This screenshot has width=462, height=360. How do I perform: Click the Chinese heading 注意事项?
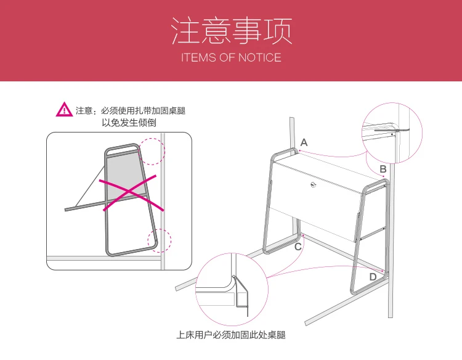(x=231, y=31)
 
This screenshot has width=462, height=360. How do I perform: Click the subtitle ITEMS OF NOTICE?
(x=231, y=58)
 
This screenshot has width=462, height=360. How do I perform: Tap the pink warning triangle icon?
(x=64, y=110)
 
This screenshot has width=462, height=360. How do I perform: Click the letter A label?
(x=304, y=142)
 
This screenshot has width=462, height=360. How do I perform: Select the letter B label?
(x=383, y=169)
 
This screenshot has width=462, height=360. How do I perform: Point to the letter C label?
(x=298, y=247)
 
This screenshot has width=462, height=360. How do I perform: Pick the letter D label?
(x=373, y=277)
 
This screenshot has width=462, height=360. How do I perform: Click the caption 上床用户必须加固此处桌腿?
(x=231, y=335)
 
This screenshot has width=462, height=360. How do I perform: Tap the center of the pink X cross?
(x=127, y=194)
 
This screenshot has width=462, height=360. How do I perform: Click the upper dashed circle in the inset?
(x=152, y=150)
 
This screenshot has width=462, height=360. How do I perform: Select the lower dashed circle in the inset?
(x=159, y=240)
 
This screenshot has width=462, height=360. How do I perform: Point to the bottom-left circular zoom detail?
(x=230, y=287)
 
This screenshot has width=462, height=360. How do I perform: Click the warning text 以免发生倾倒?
(x=129, y=123)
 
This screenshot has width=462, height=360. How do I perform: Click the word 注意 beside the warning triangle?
(x=84, y=111)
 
